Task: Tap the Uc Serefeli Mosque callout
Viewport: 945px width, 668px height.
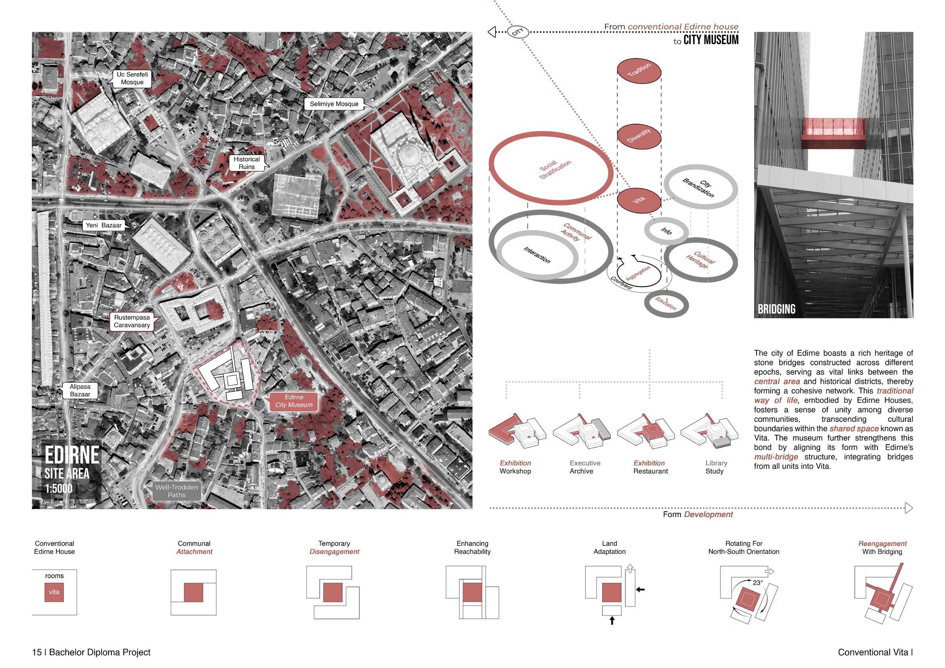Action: (132, 78)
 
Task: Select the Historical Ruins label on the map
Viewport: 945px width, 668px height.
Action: (246, 163)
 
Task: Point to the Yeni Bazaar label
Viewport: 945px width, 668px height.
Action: (104, 225)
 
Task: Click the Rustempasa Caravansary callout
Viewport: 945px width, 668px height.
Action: (132, 321)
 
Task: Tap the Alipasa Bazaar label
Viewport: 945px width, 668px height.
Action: (80, 391)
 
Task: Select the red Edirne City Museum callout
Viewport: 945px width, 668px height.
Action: (294, 401)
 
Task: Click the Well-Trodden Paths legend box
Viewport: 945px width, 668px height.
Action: (177, 491)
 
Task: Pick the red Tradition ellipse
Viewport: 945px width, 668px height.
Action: (639, 72)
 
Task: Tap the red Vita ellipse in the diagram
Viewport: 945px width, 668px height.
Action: (639, 200)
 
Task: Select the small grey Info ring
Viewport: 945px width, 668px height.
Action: (666, 231)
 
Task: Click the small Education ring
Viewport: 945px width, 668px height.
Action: (666, 304)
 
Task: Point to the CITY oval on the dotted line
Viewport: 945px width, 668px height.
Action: (518, 32)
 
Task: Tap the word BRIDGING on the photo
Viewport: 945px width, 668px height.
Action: (776, 309)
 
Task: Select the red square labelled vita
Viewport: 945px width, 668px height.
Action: (54, 592)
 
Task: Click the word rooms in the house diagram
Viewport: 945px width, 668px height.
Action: (54, 576)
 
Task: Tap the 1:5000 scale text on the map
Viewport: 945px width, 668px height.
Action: (59, 489)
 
